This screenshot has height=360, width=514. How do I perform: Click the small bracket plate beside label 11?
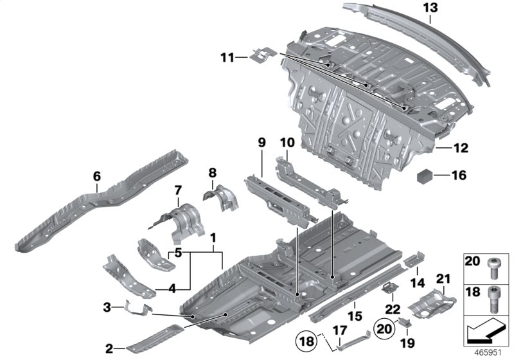coord(263,55)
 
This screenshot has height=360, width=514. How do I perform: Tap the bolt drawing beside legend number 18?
coord(495,293)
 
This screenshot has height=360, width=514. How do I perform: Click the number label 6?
coord(96,176)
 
